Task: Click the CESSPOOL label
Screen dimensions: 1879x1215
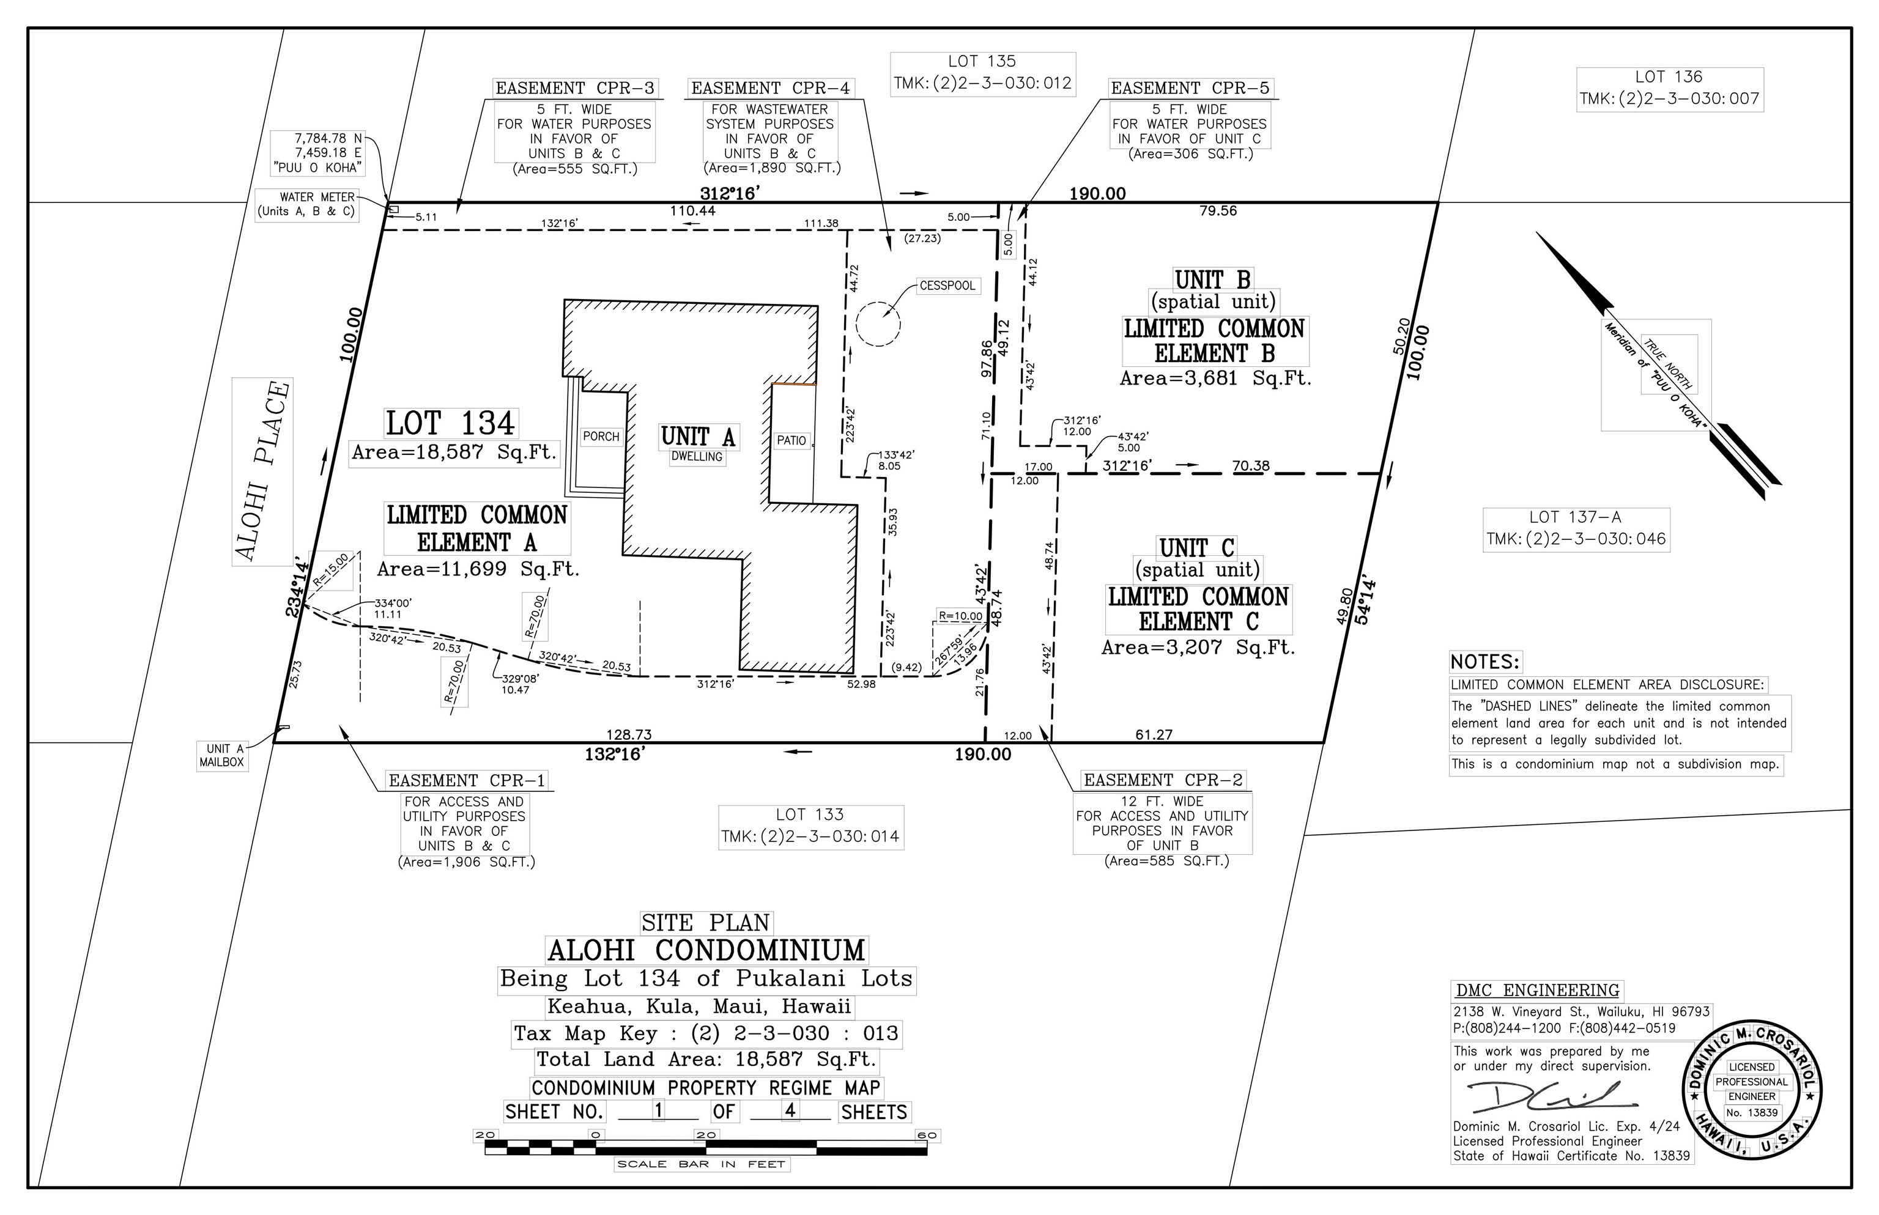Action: pos(947,286)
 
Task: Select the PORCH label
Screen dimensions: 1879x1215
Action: pos(601,437)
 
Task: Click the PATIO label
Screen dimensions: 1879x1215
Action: pos(791,440)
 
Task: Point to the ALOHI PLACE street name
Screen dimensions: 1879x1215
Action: pos(262,471)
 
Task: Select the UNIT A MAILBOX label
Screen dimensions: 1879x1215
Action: pos(222,755)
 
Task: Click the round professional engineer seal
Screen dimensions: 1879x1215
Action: pos(1751,1090)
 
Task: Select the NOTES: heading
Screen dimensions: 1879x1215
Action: pos(1484,662)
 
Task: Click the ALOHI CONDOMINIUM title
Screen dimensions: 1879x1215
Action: pos(706,950)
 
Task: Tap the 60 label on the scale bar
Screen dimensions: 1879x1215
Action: pos(927,1136)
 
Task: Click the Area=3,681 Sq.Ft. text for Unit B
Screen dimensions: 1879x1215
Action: pos(1215,379)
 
